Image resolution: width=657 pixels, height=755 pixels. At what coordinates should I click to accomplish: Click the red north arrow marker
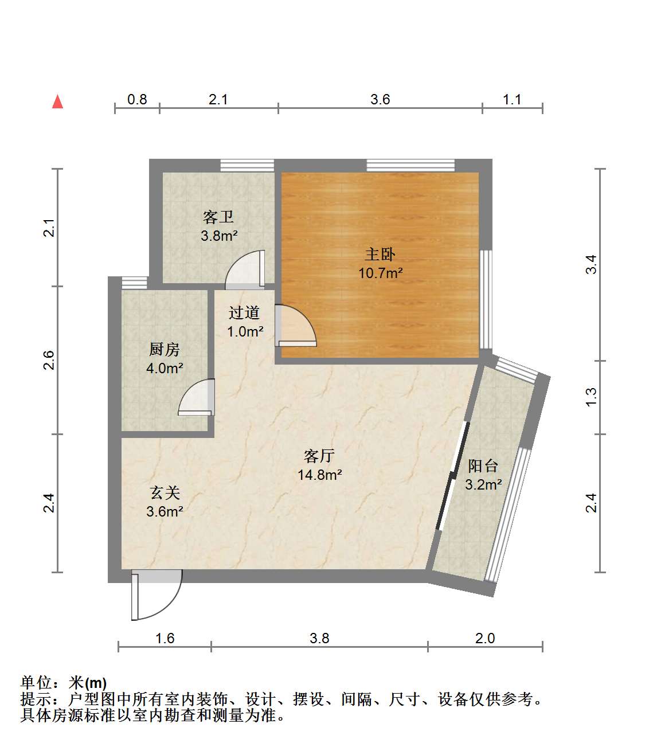[x=57, y=102]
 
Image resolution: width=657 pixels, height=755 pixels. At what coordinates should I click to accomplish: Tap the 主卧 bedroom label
[x=380, y=255]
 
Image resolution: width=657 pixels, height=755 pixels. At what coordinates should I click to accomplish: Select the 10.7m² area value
[x=380, y=273]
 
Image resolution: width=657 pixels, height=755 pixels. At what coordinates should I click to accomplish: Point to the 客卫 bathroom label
[x=218, y=217]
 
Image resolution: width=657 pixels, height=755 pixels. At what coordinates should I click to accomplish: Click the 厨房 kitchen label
[x=165, y=349]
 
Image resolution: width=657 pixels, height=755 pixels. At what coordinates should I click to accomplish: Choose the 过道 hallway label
[x=244, y=312]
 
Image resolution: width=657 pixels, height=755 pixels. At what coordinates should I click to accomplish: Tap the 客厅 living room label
[x=319, y=456]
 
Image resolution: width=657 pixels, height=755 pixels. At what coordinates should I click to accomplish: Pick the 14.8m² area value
[x=319, y=475]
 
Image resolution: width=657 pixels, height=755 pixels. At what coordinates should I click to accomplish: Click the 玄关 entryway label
[x=165, y=492]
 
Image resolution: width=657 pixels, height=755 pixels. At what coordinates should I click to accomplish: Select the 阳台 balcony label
[x=483, y=465]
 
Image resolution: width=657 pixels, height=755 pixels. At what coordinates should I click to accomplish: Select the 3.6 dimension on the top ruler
[x=380, y=99]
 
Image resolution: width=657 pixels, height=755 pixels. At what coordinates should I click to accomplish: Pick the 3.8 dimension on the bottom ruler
[x=319, y=638]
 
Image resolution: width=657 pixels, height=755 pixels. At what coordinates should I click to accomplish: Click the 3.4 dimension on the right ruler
[x=591, y=264]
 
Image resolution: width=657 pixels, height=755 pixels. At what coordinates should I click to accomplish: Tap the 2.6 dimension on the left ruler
[x=49, y=360]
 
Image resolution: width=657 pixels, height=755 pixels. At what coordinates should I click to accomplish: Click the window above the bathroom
[x=247, y=165]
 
